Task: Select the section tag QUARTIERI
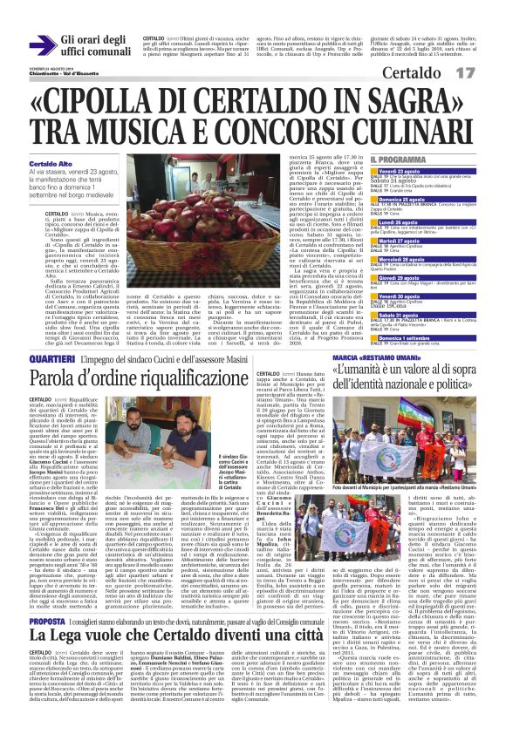(x=50, y=359)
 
